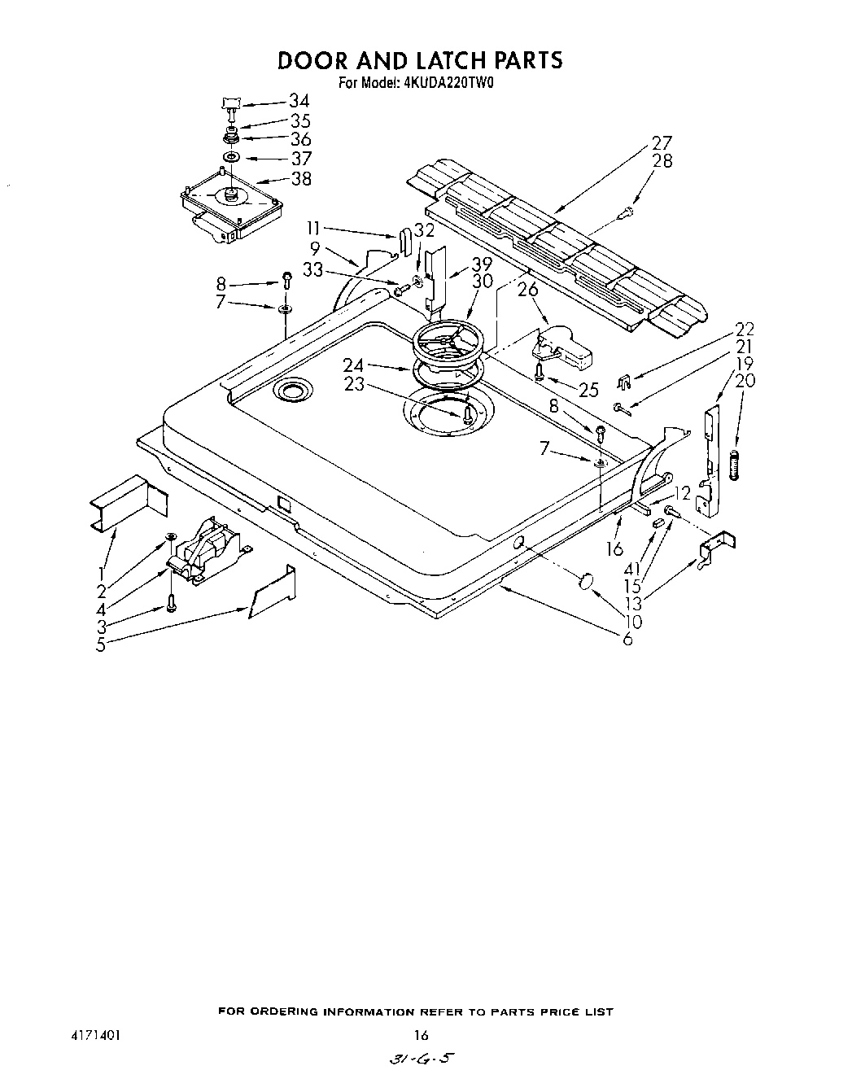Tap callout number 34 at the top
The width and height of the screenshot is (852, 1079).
tap(299, 101)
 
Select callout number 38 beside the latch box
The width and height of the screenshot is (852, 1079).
tap(301, 178)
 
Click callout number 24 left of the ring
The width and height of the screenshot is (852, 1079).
tap(352, 365)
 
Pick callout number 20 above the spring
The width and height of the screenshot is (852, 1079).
tap(745, 380)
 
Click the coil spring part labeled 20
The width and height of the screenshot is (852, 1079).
tap(737, 466)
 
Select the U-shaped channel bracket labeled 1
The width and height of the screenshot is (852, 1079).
tap(129, 505)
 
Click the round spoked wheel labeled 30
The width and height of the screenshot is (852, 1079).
tap(450, 343)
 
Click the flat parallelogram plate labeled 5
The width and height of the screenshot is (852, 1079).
tap(273, 592)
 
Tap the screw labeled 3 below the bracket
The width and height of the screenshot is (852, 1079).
tap(171, 603)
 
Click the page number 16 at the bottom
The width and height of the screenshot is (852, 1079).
tap(421, 1035)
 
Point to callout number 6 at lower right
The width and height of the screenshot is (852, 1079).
tap(627, 640)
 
